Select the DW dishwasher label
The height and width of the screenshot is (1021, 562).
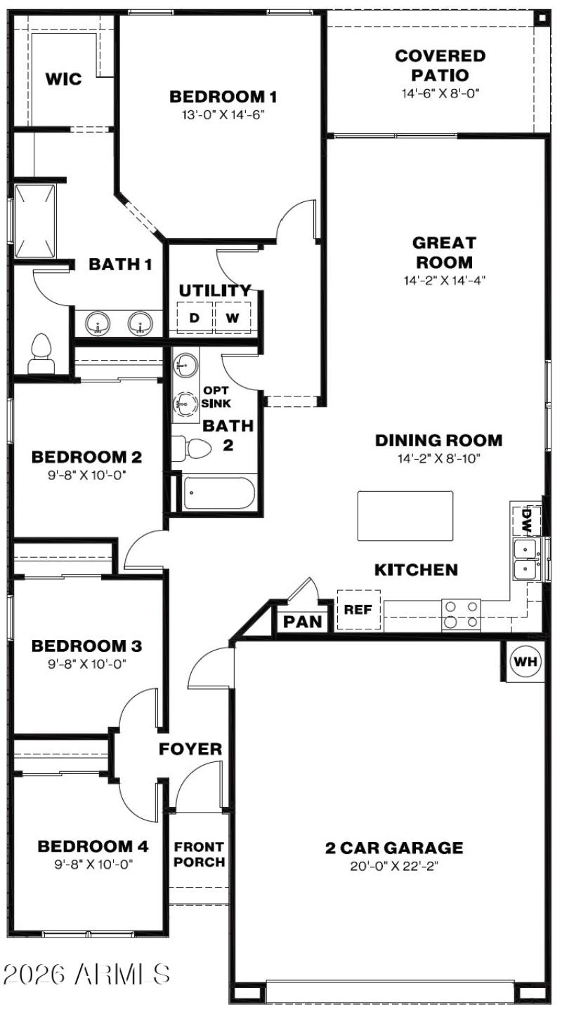click(x=526, y=521)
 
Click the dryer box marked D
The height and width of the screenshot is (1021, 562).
click(x=194, y=318)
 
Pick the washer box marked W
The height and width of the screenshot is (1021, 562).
click(x=232, y=318)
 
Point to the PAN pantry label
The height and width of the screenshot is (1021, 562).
click(x=303, y=622)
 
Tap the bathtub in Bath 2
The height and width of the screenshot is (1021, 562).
click(x=220, y=494)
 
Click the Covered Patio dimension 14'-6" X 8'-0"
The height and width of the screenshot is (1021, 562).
click(x=440, y=93)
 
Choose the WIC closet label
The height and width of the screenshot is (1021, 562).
click(x=63, y=79)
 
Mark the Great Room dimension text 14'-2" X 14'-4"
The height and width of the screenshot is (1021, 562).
click(x=443, y=279)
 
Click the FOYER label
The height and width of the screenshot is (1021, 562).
click(x=190, y=749)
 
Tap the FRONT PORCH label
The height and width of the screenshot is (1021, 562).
click(x=200, y=854)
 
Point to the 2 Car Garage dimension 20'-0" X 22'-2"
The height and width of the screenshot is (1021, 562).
click(x=393, y=866)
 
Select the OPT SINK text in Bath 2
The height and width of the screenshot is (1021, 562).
click(x=216, y=397)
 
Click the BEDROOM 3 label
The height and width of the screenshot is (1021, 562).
click(x=87, y=645)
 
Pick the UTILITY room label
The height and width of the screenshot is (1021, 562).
click(x=214, y=291)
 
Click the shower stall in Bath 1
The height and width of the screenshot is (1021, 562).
click(x=34, y=220)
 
